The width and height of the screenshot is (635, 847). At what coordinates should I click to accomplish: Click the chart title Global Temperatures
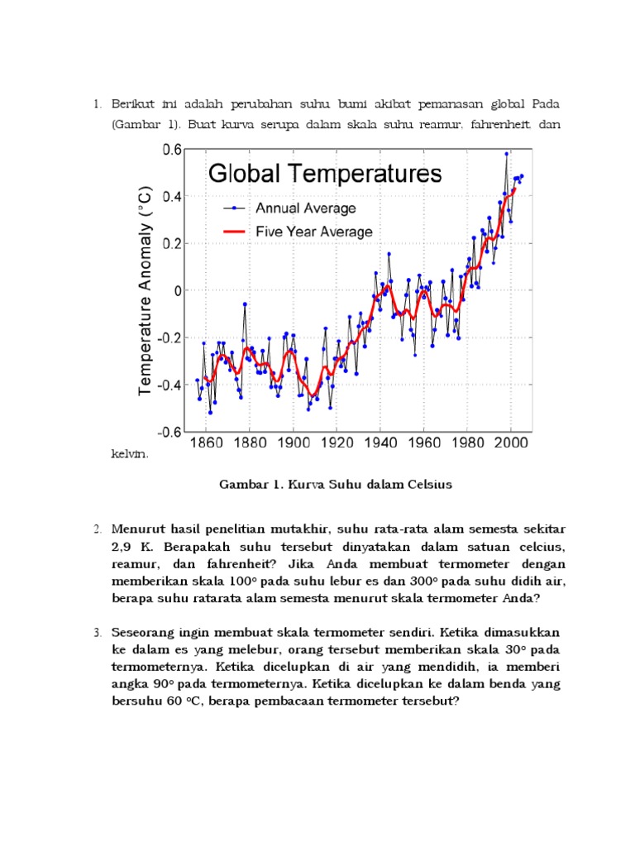pos(325,174)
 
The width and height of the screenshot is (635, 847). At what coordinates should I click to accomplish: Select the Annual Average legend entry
pos(305,208)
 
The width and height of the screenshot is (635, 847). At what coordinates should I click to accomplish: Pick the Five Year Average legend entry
pos(313,232)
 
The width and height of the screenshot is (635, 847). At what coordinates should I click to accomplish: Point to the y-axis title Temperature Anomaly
pos(146,290)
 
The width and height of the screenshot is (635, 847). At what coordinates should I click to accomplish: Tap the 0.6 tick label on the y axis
pos(171,150)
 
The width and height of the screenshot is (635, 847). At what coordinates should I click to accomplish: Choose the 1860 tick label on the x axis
pos(207,443)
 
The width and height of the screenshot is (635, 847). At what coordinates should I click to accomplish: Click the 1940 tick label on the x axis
pos(381,443)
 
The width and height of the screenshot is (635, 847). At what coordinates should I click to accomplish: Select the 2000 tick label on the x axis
pos(510,443)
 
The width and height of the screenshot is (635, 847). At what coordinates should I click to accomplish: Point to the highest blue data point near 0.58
pos(507,153)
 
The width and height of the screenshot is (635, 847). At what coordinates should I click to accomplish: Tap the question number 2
pos(97,529)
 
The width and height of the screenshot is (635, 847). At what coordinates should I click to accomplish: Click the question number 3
pos(97,632)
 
